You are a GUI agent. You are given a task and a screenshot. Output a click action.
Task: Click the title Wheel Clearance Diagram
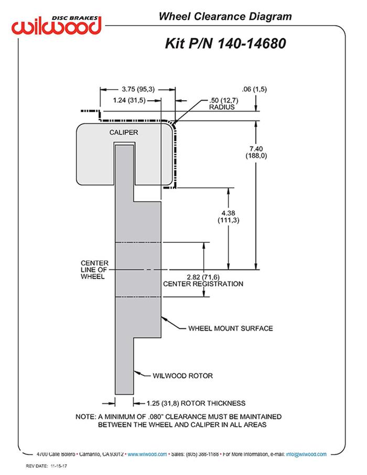225,17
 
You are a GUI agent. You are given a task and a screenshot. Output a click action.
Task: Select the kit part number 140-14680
252,43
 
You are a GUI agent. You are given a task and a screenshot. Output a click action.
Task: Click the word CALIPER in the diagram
124,133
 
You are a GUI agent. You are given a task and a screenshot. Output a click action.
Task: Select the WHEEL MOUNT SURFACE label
231,329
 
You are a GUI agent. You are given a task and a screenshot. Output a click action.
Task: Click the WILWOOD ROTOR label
182,375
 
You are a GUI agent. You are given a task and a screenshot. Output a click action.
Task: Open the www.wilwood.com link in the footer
147,454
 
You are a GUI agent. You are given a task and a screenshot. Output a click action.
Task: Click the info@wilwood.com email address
306,454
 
